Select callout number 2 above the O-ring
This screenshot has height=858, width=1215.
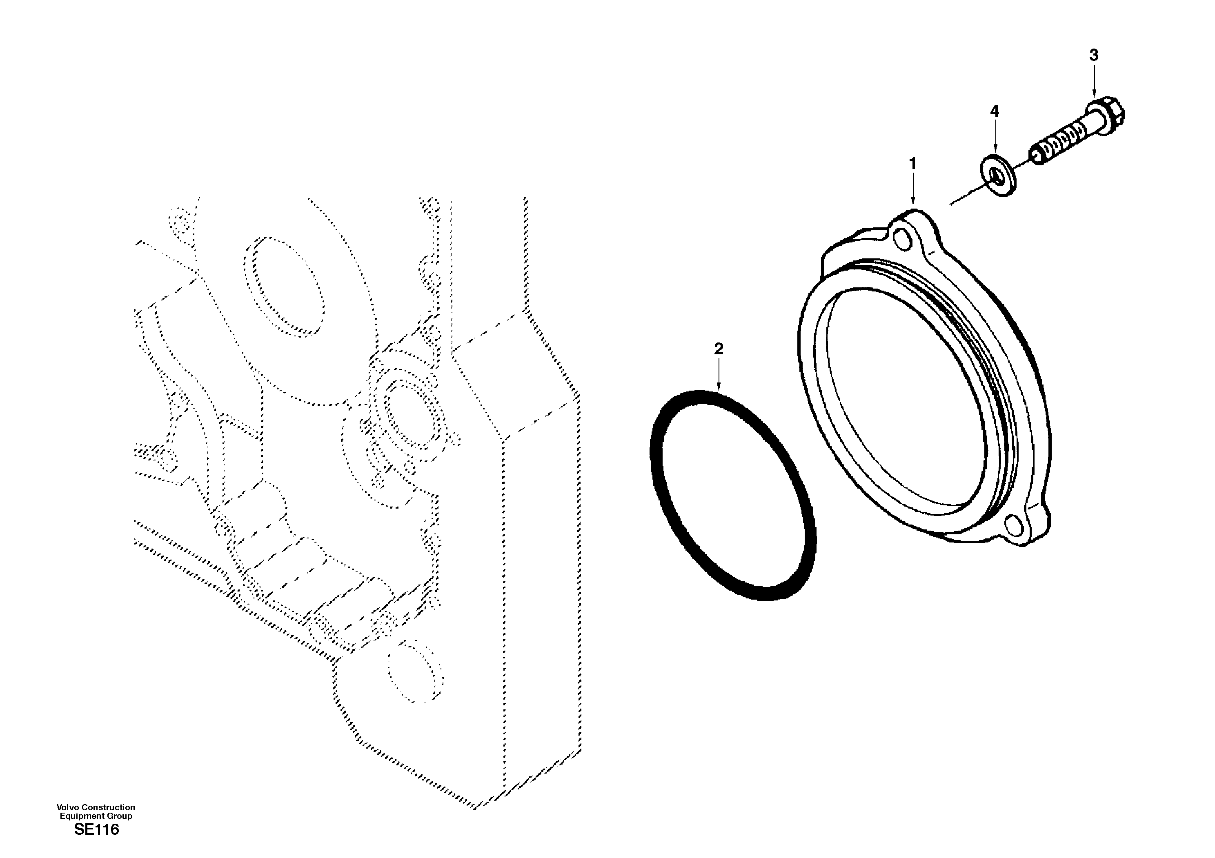click(x=718, y=349)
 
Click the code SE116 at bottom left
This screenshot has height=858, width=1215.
click(x=96, y=830)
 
